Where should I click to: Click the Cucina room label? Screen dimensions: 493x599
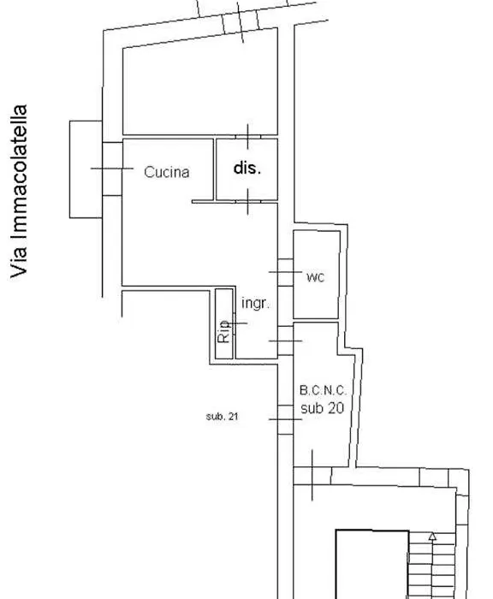tap(167, 172)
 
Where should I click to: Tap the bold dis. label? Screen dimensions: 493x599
tap(247, 168)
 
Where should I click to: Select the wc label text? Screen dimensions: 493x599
tap(315, 278)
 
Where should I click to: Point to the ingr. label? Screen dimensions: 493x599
tap(255, 303)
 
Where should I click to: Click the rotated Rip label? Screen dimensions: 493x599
tap(224, 332)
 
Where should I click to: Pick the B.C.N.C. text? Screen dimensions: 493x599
tap(324, 390)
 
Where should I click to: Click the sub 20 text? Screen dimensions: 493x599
tap(322, 408)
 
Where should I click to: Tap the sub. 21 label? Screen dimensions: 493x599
tap(222, 417)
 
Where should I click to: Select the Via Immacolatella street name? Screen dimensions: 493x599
tap(19, 192)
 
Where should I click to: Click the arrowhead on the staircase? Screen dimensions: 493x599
tap(432, 537)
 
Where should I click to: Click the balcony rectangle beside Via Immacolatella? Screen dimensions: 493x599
tap(86, 169)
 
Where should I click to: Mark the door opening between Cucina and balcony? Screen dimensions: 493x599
tap(112, 169)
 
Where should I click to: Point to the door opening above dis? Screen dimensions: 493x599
tap(247, 136)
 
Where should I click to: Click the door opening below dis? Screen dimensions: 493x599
tap(247, 201)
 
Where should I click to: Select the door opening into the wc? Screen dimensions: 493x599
tap(286, 272)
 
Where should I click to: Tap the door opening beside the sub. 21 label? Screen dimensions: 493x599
tap(286, 419)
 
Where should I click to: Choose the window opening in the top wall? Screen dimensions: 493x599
tap(241, 22)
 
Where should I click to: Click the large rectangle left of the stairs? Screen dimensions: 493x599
tap(372, 564)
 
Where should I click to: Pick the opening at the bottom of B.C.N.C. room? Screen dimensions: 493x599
tap(312, 476)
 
